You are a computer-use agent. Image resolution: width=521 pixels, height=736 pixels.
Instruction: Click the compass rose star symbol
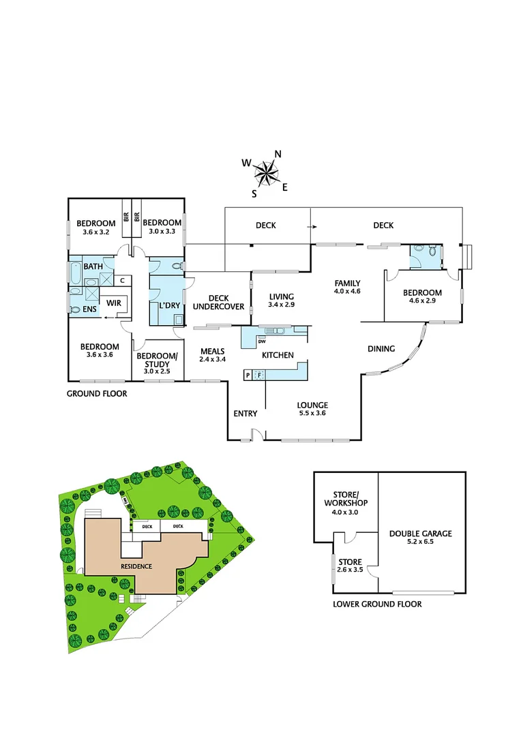pos(267,172)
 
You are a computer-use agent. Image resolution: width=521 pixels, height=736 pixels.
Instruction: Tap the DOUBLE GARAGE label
pos(420,534)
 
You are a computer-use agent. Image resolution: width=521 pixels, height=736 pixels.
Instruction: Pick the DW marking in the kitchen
pos(262,342)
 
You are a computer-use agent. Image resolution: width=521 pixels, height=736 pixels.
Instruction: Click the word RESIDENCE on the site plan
pos(136,566)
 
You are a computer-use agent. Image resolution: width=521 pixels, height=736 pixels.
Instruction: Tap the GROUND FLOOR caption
pos(96,394)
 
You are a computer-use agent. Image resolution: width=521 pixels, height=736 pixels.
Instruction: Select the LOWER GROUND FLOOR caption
pos(376,604)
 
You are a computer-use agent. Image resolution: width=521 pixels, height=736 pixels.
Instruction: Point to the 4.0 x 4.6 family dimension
pos(346,292)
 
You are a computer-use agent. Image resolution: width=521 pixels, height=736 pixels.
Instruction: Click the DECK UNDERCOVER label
pos(218,302)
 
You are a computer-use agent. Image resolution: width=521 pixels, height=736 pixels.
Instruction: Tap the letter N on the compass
pos(278,154)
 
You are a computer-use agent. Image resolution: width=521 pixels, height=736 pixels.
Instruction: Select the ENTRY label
pos(245,414)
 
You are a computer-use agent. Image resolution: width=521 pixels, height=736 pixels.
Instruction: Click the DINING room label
pos(381,349)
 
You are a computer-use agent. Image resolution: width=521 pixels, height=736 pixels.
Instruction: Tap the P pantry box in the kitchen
pos(248,374)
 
